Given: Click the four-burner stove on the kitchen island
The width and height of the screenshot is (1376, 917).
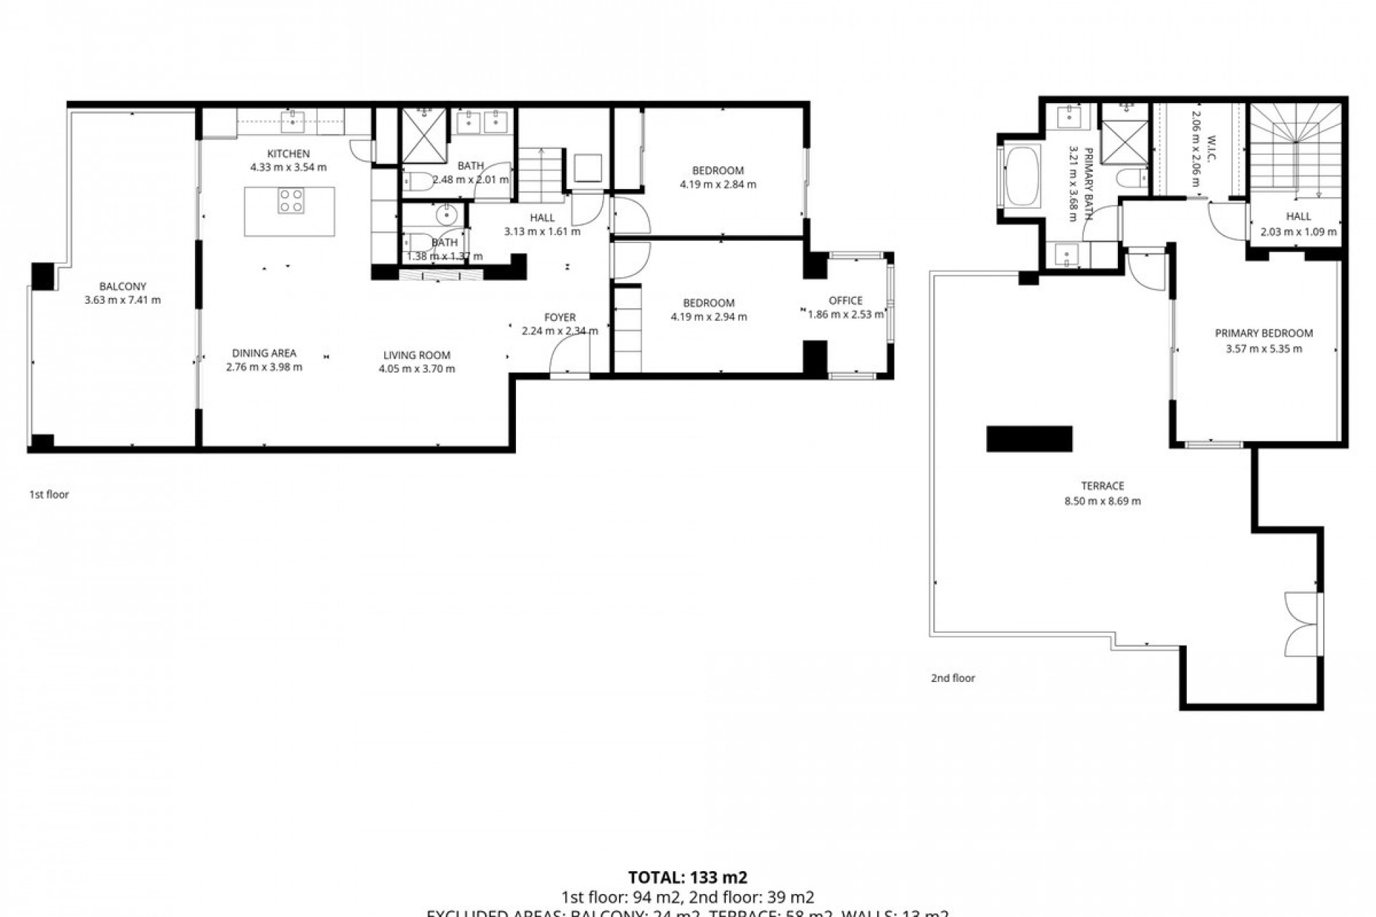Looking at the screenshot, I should pyautogui.click(x=290, y=200).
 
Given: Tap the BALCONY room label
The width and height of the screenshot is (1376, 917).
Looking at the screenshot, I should pyautogui.click(x=123, y=287).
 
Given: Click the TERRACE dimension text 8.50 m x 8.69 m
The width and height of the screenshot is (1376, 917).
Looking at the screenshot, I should pyautogui.click(x=1102, y=501).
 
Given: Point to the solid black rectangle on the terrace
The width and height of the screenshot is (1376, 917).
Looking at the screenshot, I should pyautogui.click(x=1029, y=438).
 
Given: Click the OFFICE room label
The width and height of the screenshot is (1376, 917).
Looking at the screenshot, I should pyautogui.click(x=846, y=301).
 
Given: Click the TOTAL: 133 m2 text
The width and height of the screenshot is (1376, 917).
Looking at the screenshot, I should pyautogui.click(x=687, y=878).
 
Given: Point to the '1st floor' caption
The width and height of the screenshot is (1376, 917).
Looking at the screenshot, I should pyautogui.click(x=49, y=494).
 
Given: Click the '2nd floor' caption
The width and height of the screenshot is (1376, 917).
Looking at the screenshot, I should pyautogui.click(x=952, y=678).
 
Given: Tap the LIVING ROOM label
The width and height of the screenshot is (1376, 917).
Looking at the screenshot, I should pyautogui.click(x=416, y=355).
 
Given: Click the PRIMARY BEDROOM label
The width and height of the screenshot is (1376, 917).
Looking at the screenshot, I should pyautogui.click(x=1263, y=333).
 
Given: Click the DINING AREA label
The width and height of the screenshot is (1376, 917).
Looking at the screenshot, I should pyautogui.click(x=264, y=353).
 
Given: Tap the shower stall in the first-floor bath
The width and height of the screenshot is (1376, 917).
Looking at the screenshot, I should pyautogui.click(x=424, y=136).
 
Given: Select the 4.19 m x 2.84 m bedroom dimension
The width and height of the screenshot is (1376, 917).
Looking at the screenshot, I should pyautogui.click(x=717, y=184).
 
